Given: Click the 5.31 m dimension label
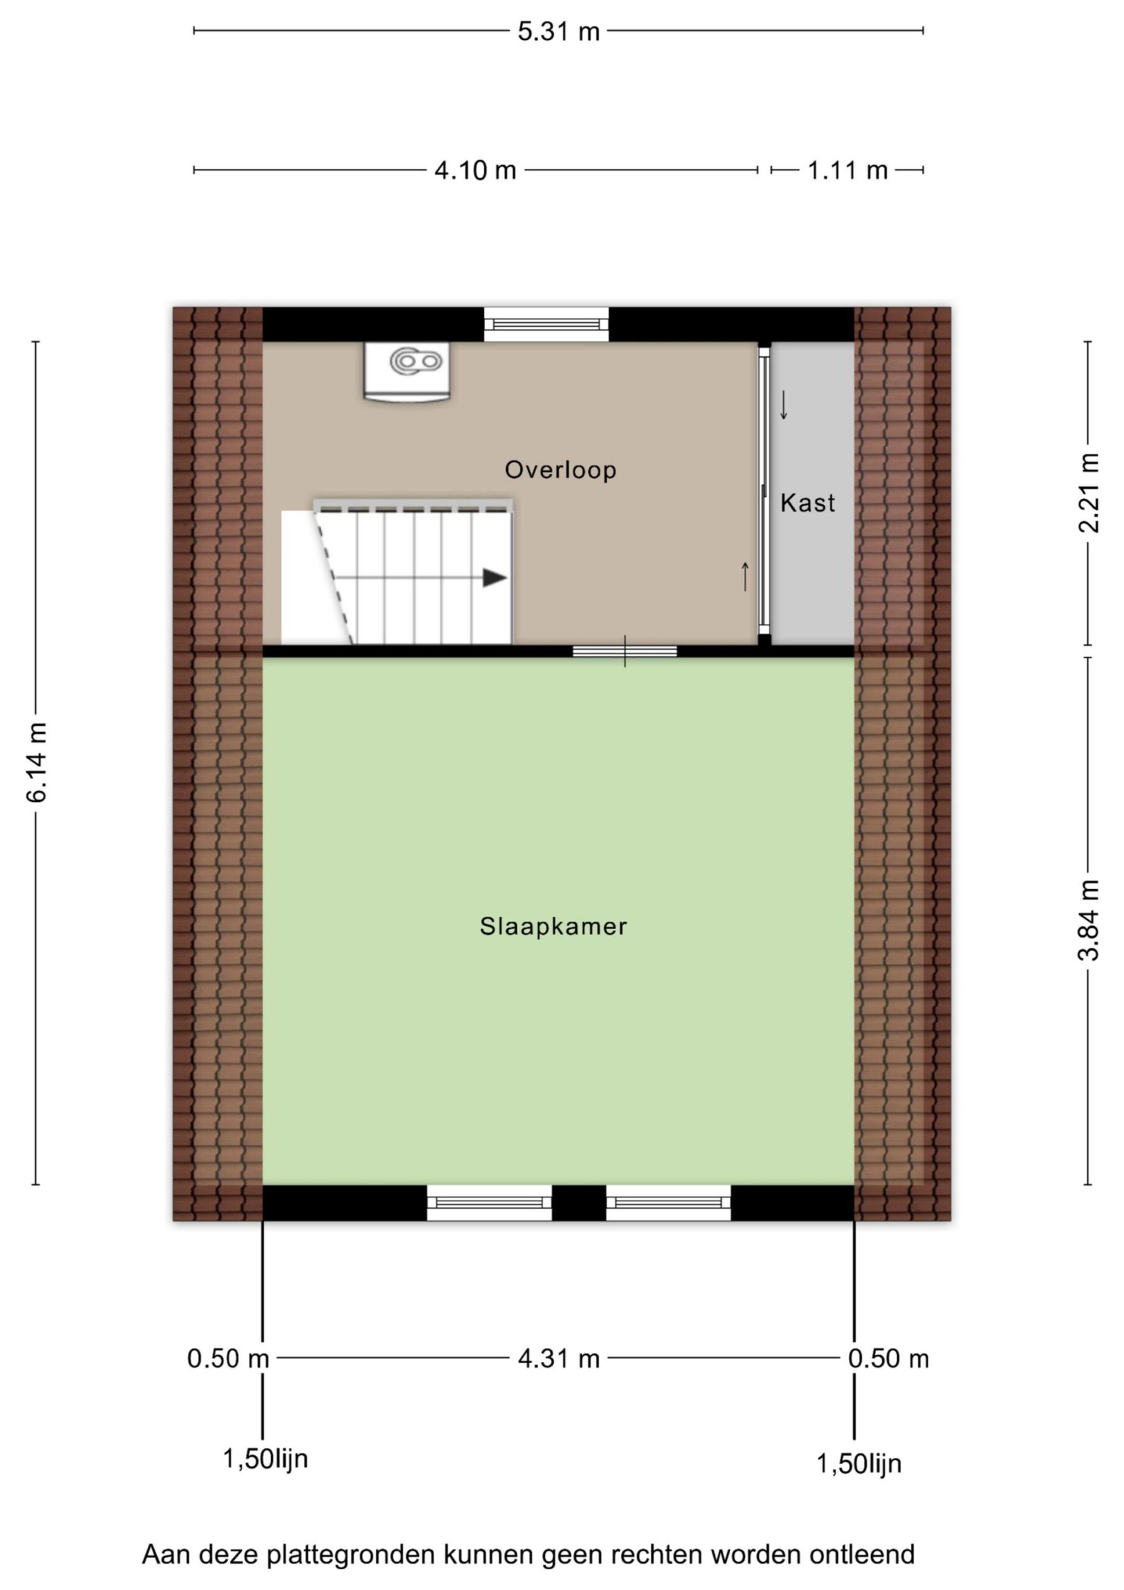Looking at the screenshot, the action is point(558,32).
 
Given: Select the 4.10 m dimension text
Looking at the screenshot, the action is point(475,170).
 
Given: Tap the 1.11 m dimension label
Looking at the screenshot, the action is point(847,170).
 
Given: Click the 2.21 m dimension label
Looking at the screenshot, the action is point(1088,493).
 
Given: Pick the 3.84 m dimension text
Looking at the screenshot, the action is point(1088,920).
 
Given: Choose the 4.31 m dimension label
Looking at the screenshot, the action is point(558,1359).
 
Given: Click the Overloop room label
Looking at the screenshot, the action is point(560,470).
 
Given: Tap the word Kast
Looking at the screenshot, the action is point(807,502).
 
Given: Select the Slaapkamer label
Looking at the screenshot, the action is point(553,926).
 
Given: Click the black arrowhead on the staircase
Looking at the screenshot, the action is point(494,578).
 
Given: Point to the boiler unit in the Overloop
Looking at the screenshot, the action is point(407,371).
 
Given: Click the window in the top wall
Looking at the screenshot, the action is point(546,324).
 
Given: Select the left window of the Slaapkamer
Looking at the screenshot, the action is point(489,1203).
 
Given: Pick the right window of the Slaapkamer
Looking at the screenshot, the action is point(668,1203).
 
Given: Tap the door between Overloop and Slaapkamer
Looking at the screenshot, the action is point(625,651).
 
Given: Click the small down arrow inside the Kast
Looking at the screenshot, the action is point(784,405).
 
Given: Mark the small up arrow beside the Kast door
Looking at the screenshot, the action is point(745,577).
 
